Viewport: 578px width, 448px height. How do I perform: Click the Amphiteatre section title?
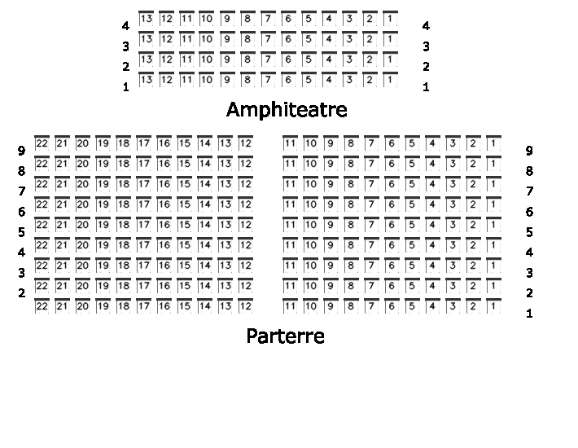[x=287, y=109]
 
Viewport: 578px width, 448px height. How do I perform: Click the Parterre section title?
[x=285, y=336]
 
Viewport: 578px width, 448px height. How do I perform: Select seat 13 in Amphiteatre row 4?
[x=147, y=19]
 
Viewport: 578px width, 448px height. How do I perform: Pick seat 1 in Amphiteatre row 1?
[x=390, y=80]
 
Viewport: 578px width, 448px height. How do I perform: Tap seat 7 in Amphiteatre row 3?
[x=268, y=39]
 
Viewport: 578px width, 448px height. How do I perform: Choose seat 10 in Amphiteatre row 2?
[x=207, y=59]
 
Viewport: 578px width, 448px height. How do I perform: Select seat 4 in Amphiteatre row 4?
[x=329, y=19]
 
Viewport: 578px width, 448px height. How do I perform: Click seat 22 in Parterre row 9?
[x=42, y=143]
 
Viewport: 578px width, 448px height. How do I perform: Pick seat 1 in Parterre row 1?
[x=493, y=306]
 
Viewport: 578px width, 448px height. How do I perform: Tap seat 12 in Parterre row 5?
[x=246, y=225]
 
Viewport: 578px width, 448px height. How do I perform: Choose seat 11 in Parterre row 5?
[x=290, y=225]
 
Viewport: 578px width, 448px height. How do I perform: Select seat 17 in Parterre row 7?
[x=144, y=183]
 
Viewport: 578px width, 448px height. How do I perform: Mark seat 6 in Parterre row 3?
[x=392, y=266]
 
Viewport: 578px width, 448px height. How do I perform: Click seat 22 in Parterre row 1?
[x=42, y=306]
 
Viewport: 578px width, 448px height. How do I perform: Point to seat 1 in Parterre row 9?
[x=493, y=143]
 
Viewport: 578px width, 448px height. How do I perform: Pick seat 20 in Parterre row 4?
[x=82, y=245]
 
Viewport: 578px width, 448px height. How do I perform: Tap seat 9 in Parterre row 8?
[x=331, y=164]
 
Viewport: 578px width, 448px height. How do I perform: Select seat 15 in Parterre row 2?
[x=184, y=286]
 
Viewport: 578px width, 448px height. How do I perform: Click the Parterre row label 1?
[x=529, y=314]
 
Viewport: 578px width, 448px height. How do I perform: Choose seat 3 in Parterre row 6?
[x=453, y=204]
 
